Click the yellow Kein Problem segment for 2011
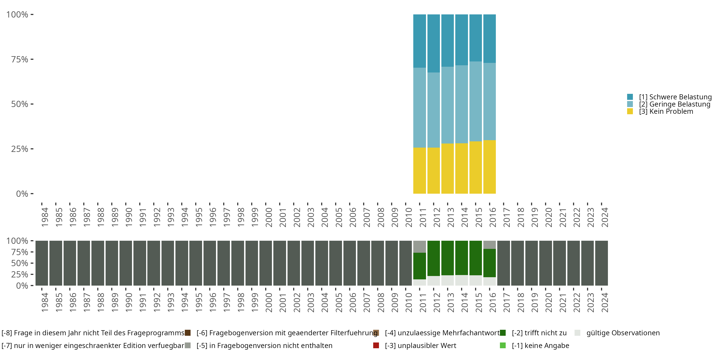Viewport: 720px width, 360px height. pyautogui.click(x=420, y=170)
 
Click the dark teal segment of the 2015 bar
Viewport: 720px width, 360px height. pyautogui.click(x=475, y=38)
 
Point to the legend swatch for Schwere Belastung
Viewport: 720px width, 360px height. pyautogui.click(x=630, y=97)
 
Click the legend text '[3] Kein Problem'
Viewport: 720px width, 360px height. pyautogui.click(x=666, y=112)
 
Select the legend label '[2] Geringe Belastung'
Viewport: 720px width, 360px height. pyautogui.click(x=674, y=104)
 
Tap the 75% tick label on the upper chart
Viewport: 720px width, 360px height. pyautogui.click(x=20, y=59)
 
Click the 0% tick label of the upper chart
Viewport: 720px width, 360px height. pyautogui.click(x=22, y=194)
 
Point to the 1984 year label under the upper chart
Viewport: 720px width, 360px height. pyautogui.click(x=45, y=217)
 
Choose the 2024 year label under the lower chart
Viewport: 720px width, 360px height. pyautogui.click(x=605, y=303)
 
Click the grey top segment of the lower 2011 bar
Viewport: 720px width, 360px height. pyautogui.click(x=420, y=246)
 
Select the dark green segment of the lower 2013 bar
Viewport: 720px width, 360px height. pyautogui.click(x=448, y=258)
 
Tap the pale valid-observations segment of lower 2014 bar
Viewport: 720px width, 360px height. pyautogui.click(x=462, y=280)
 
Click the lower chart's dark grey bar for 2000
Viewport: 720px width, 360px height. pyautogui.click(x=265, y=263)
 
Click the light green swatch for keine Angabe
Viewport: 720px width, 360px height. pyautogui.click(x=503, y=345)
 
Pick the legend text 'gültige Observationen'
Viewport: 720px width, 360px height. pyautogui.click(x=623, y=333)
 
